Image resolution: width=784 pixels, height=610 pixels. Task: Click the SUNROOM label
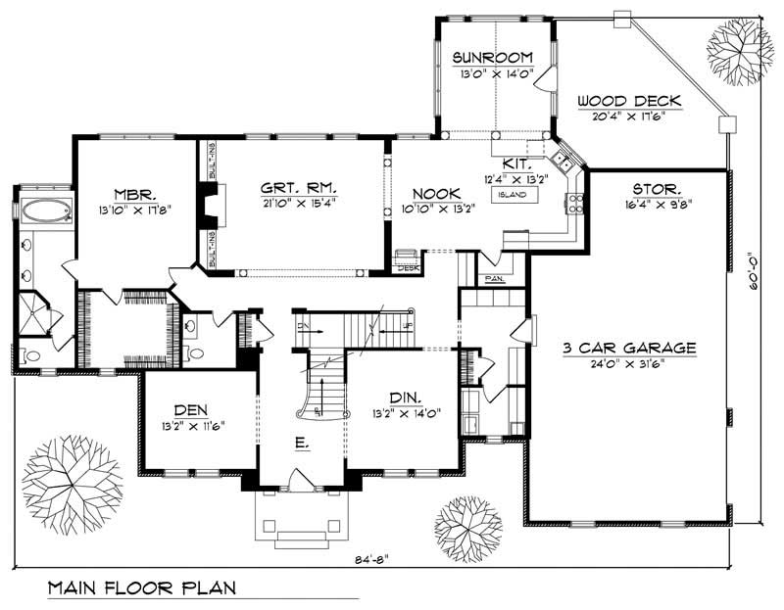tap(492, 57)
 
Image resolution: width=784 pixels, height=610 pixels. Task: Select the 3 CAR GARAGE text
tap(629, 348)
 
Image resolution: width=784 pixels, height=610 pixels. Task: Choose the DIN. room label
tap(404, 398)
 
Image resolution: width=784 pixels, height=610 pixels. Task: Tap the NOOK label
tap(431, 194)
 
